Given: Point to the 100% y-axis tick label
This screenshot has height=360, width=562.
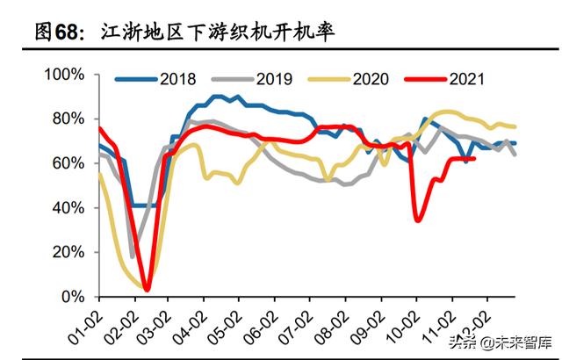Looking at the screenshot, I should [64, 74].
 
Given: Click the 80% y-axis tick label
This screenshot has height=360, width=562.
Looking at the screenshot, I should [68, 119].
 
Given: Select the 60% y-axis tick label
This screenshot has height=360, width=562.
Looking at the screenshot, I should [68, 163].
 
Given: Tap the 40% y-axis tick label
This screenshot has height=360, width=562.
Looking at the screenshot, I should [68, 208].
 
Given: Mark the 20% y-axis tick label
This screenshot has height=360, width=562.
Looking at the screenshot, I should [68, 253].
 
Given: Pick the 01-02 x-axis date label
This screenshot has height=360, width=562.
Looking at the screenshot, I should [85, 325].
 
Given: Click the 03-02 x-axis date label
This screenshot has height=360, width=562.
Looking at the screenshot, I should [156, 325].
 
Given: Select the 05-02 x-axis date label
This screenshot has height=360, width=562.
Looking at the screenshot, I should [227, 325].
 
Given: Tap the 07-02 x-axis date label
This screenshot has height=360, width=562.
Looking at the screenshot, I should [298, 325].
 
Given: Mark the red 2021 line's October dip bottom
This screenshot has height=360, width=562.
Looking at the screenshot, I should [418, 220].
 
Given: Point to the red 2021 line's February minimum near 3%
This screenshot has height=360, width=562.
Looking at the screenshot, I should [147, 290].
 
